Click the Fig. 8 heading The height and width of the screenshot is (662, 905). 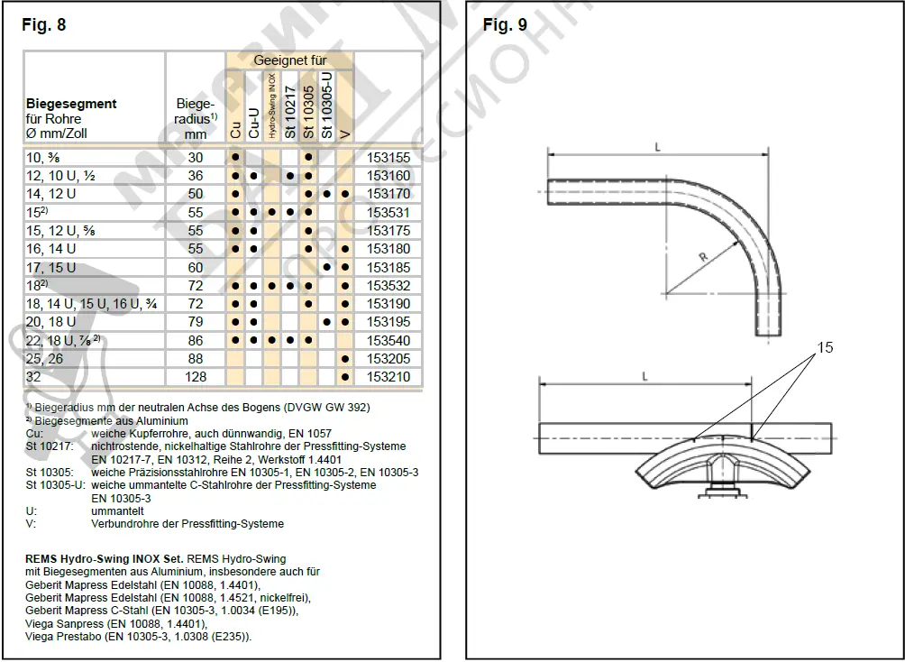tap(44, 25)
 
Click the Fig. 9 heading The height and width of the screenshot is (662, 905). tap(505, 25)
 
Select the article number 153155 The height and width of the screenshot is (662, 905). tap(389, 157)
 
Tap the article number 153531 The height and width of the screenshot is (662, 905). tap(389, 213)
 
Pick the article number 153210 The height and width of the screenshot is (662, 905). tap(389, 376)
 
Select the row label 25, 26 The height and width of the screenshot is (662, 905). tap(45, 358)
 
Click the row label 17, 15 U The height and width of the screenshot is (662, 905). tap(51, 268)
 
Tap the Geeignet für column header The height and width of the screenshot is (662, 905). tap(289, 60)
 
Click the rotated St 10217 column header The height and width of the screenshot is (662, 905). tap(289, 111)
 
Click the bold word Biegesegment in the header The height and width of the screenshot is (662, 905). tap(71, 104)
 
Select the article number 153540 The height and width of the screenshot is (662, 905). tap(389, 340)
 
